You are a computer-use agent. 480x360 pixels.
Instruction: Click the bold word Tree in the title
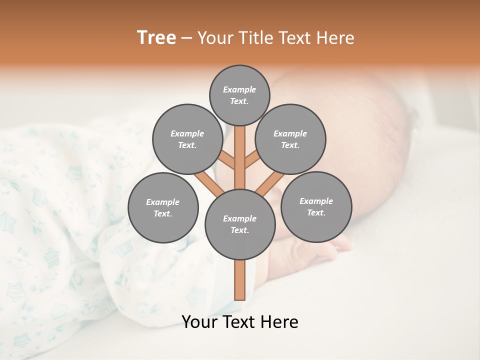tap(156, 38)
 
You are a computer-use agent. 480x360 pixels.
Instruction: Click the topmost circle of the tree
tap(239, 95)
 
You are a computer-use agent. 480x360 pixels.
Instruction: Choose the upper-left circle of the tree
tap(187, 139)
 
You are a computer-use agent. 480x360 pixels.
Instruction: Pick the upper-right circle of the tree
tap(290, 139)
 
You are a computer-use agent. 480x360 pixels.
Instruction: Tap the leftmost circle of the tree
tap(163, 207)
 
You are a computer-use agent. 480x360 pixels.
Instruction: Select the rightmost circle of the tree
tap(316, 206)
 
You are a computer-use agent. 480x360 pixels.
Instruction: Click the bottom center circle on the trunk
tap(240, 224)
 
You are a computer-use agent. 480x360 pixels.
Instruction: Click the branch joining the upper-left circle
tap(228, 161)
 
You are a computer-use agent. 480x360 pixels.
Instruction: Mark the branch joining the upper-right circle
tap(251, 161)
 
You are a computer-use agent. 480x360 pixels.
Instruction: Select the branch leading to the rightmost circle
tap(269, 183)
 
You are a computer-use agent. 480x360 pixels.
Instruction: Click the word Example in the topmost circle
tap(239, 89)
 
